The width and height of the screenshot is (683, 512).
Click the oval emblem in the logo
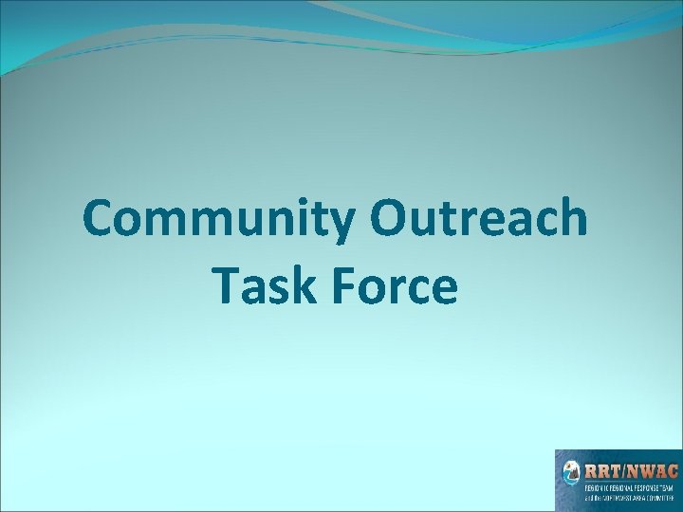click(572, 471)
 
